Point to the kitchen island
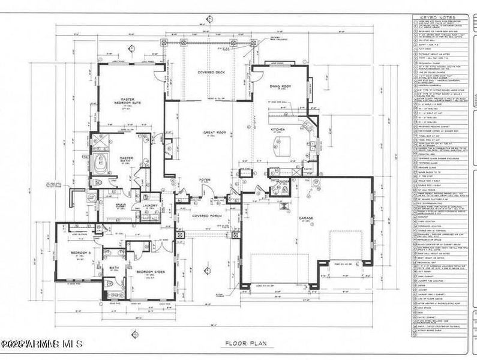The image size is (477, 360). coord(279,144)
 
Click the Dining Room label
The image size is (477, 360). coord(278,87)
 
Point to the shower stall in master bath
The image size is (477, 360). coord(100,142)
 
